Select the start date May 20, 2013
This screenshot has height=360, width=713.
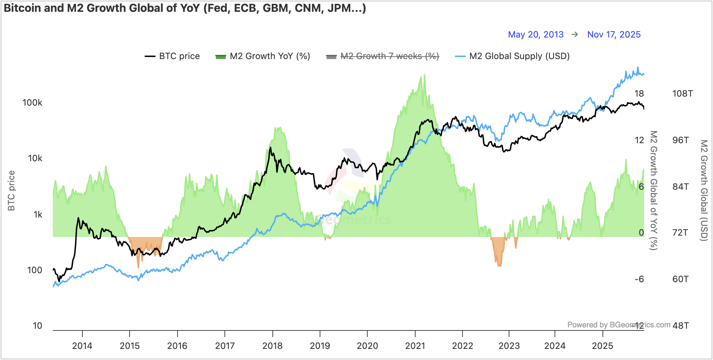coord(535,34)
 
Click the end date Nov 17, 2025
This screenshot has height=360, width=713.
coord(614,34)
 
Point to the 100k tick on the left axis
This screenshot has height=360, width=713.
coord(32,103)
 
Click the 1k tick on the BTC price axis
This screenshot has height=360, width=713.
coord(38,215)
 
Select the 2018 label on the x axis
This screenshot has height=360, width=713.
coord(272,346)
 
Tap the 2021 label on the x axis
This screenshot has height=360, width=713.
coord(415,346)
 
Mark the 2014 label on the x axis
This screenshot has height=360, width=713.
coord(82,346)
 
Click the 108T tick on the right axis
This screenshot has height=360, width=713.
coord(682,94)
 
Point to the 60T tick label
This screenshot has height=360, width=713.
coord(680,279)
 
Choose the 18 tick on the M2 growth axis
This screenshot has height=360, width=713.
coord(639,94)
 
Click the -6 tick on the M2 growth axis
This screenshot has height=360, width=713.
coord(639,279)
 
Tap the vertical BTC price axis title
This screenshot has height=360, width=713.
coord(11,190)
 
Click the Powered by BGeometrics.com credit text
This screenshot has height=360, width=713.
coord(618,325)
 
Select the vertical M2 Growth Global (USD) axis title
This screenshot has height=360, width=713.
coord(704,190)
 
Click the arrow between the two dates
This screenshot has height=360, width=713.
coord(575,34)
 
